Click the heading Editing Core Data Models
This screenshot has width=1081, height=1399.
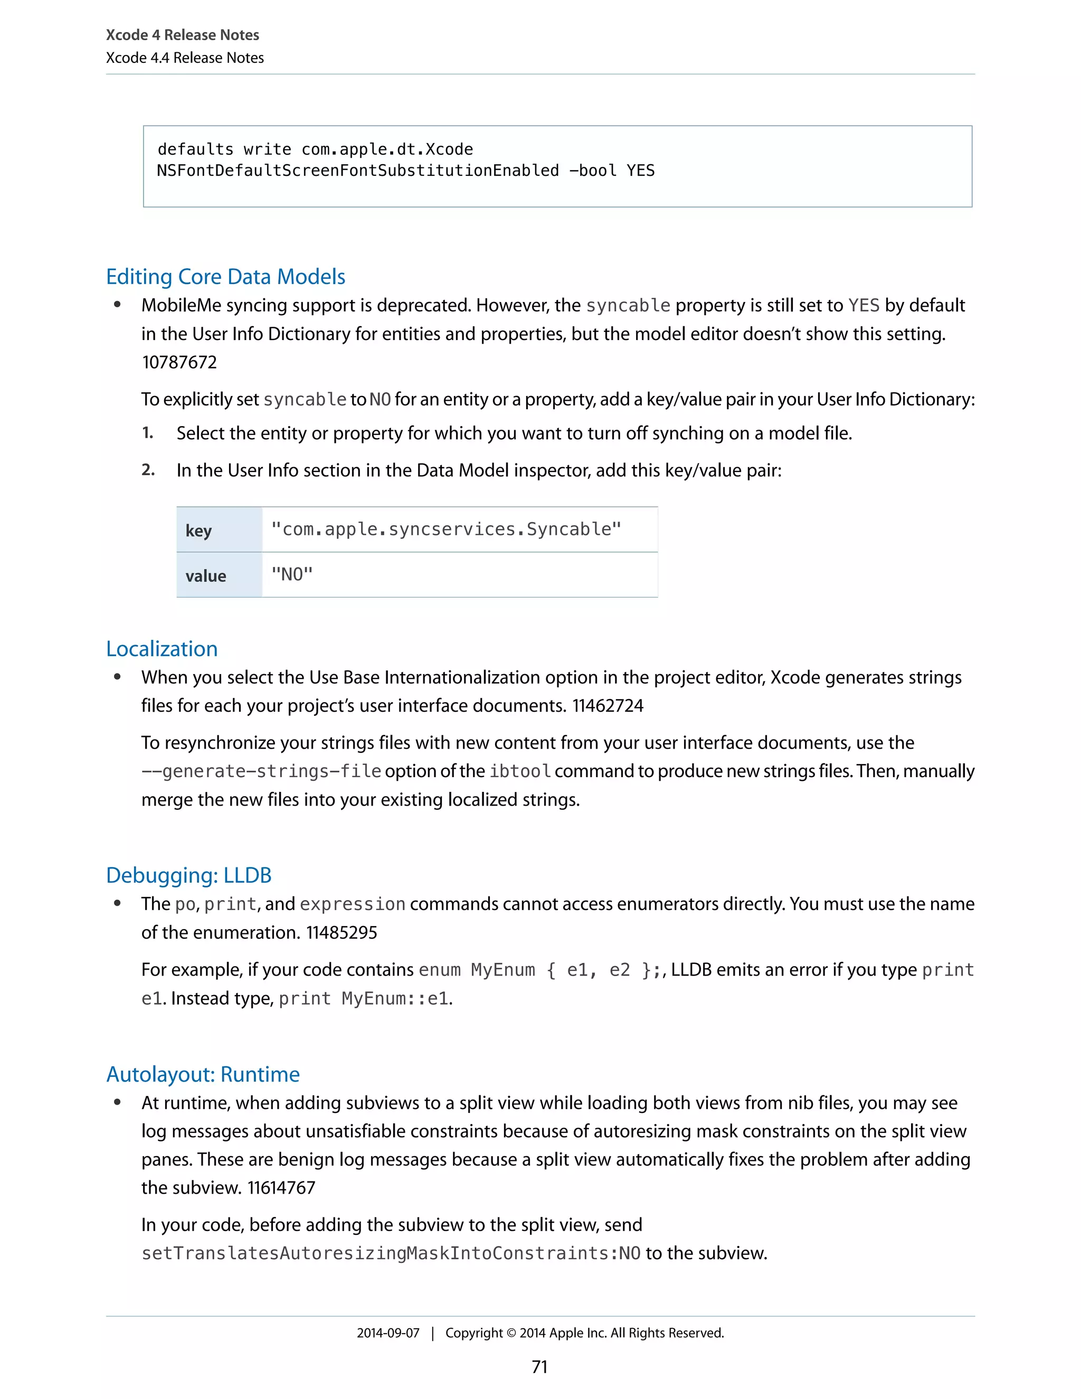[225, 277]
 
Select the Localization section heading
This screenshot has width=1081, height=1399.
[162, 649]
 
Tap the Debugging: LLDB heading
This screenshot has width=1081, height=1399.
[189, 875]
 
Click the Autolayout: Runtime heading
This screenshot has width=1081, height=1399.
[203, 1074]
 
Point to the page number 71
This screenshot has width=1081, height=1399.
[540, 1367]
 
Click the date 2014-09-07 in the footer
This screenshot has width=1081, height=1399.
[388, 1333]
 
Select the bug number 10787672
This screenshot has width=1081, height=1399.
[179, 363]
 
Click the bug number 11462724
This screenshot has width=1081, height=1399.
[608, 706]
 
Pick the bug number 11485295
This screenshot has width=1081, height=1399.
[342, 933]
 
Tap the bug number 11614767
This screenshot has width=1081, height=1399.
[281, 1188]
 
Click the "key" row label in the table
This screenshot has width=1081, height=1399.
[198, 531]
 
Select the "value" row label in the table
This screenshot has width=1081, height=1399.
[205, 576]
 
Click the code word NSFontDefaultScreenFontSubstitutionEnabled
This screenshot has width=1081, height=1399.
[358, 171]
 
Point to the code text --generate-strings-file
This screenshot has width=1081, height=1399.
[261, 771]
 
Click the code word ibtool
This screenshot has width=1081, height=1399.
[520, 771]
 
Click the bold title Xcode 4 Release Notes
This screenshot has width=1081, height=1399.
[183, 35]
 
